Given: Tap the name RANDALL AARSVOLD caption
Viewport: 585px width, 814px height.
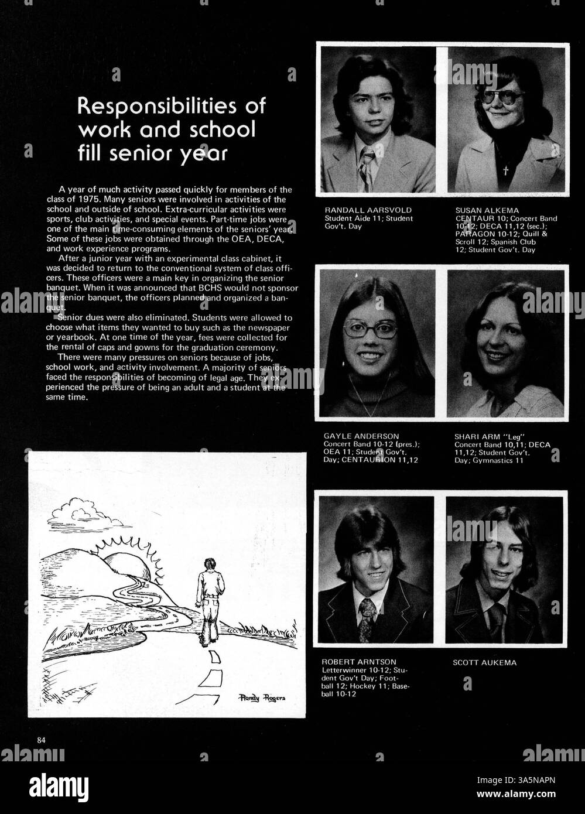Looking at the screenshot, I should tap(368, 210).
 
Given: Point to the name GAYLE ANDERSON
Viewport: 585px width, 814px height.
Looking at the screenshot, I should tap(361, 436).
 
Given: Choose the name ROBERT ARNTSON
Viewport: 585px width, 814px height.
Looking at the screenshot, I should tap(359, 662).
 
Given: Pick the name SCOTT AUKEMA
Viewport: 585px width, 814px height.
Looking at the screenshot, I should tap(485, 663).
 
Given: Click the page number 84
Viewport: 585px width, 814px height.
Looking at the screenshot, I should tap(41, 740).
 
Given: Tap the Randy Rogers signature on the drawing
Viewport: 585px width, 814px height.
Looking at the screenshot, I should tap(262, 697).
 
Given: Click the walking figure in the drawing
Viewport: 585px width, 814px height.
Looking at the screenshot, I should tap(209, 600).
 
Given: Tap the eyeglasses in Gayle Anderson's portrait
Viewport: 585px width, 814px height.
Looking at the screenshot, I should tap(370, 329).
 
